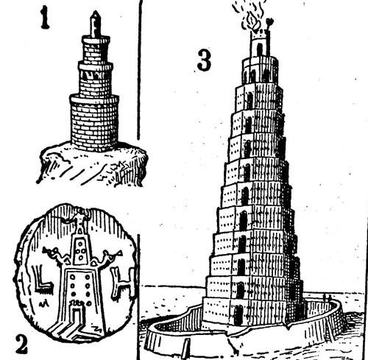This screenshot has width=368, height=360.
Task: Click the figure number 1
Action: tap(45, 18)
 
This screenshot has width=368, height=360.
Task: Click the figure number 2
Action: tap(21, 345)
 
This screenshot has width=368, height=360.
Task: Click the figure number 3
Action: tap(204, 60)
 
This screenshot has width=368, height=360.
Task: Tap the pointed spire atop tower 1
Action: tap(96, 24)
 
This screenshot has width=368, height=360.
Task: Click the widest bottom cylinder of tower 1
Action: tap(94, 123)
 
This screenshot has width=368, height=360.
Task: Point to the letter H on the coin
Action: tap(123, 282)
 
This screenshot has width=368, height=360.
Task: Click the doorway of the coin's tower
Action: tap(77, 317)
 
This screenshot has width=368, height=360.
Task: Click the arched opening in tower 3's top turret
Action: tap(259, 49)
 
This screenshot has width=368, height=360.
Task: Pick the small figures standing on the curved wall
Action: tap(327, 298)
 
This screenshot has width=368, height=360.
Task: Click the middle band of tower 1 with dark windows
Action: tap(96, 79)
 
